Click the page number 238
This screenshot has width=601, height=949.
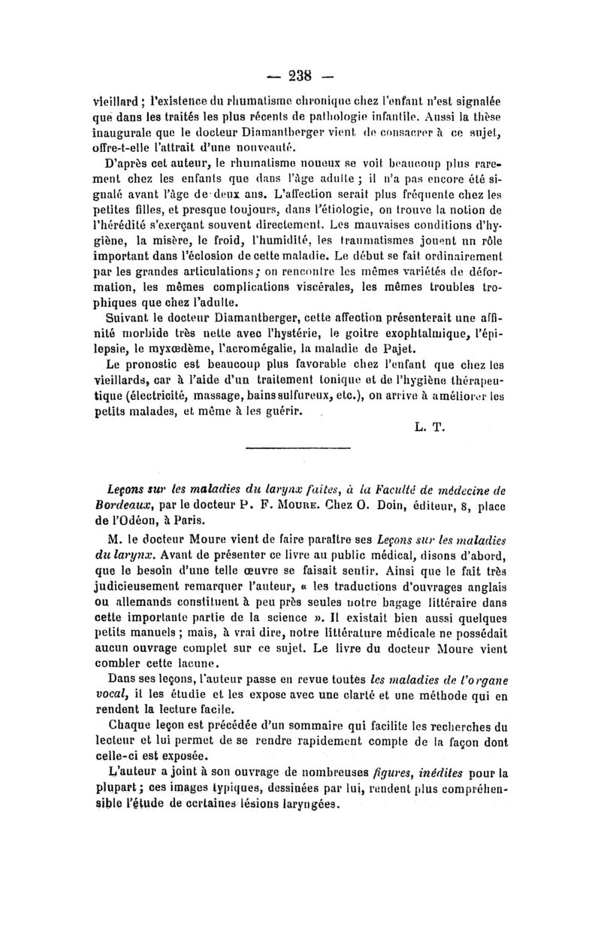pyautogui.click(x=300, y=75)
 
